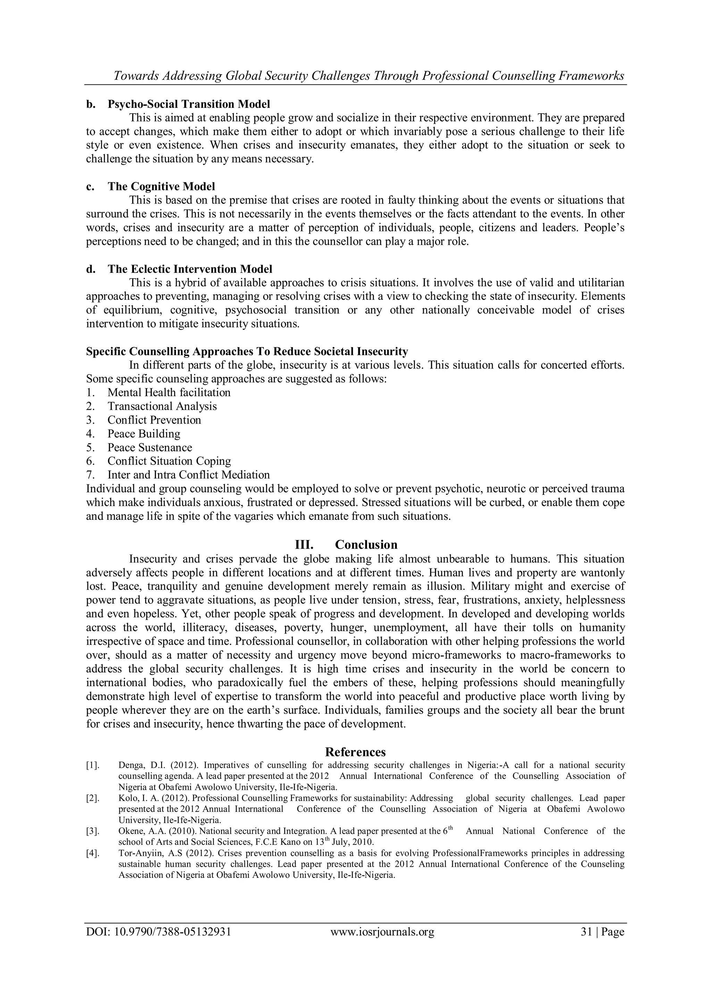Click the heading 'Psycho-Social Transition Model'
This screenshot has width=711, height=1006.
click(x=189, y=104)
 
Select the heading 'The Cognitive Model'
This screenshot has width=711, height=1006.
click(x=161, y=187)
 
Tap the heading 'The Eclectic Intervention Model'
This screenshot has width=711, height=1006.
click(x=190, y=269)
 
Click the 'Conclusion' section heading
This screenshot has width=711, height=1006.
click(x=366, y=544)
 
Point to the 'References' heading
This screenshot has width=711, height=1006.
click(x=355, y=752)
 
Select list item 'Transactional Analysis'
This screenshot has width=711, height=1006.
click(x=162, y=406)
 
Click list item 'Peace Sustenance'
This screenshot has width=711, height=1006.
click(x=150, y=447)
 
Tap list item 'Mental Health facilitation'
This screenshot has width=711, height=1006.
click(x=169, y=393)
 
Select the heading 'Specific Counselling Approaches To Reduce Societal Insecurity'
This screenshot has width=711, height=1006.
click(x=246, y=351)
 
